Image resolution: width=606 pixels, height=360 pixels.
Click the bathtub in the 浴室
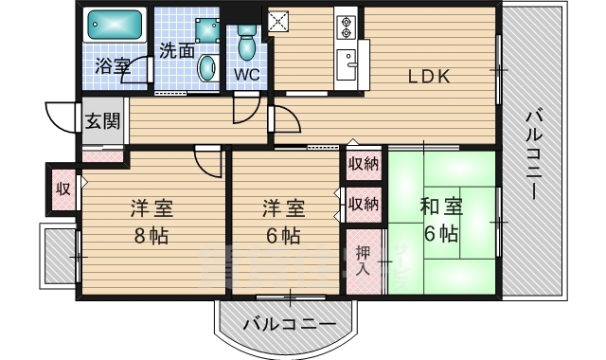point(115,25)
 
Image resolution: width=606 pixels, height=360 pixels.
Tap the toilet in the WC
point(246,43)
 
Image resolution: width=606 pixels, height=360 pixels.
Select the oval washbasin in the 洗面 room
point(207,67)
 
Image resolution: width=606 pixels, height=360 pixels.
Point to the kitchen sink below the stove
point(347,64)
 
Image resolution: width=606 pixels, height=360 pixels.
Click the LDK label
point(429,77)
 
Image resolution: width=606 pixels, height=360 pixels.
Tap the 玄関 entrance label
point(102,121)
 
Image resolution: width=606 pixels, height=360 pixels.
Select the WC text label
point(246,75)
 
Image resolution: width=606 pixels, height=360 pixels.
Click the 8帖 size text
point(151,235)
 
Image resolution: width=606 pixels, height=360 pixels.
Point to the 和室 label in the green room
point(441,207)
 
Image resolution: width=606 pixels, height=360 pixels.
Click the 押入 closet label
point(363,261)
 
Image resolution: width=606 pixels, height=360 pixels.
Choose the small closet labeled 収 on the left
point(63,189)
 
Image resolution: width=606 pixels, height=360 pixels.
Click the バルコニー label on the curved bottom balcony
point(290,324)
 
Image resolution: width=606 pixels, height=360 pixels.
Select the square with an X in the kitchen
point(278,21)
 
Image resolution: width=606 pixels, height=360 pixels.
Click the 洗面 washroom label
point(177,50)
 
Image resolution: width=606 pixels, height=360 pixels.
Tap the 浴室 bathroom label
point(113,65)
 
